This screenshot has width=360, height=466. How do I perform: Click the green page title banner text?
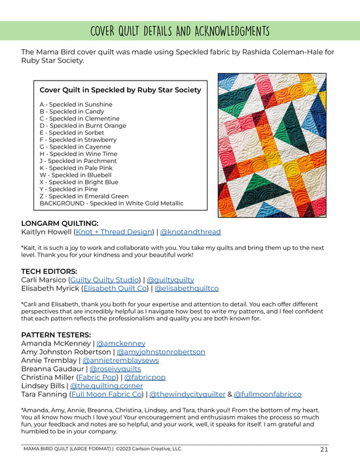coord(179,31)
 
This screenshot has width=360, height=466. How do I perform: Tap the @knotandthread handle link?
coord(190,232)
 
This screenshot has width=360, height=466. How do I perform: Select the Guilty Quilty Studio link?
coord(100,278)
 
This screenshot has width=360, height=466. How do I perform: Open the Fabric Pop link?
coord(98,377)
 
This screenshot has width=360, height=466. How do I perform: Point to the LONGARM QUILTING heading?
coord(62,223)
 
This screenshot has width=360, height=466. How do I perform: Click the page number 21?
coord(324,449)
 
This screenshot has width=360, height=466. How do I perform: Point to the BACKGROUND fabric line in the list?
coord(111,203)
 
